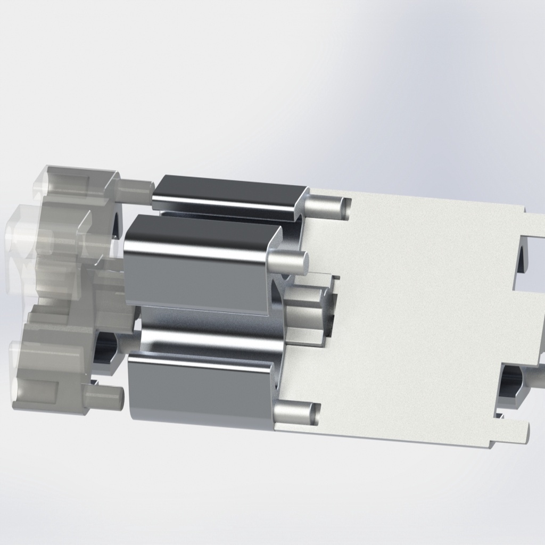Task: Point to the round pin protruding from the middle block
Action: [287, 261]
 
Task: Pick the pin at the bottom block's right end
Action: [295, 413]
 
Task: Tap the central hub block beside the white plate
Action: [306, 314]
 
